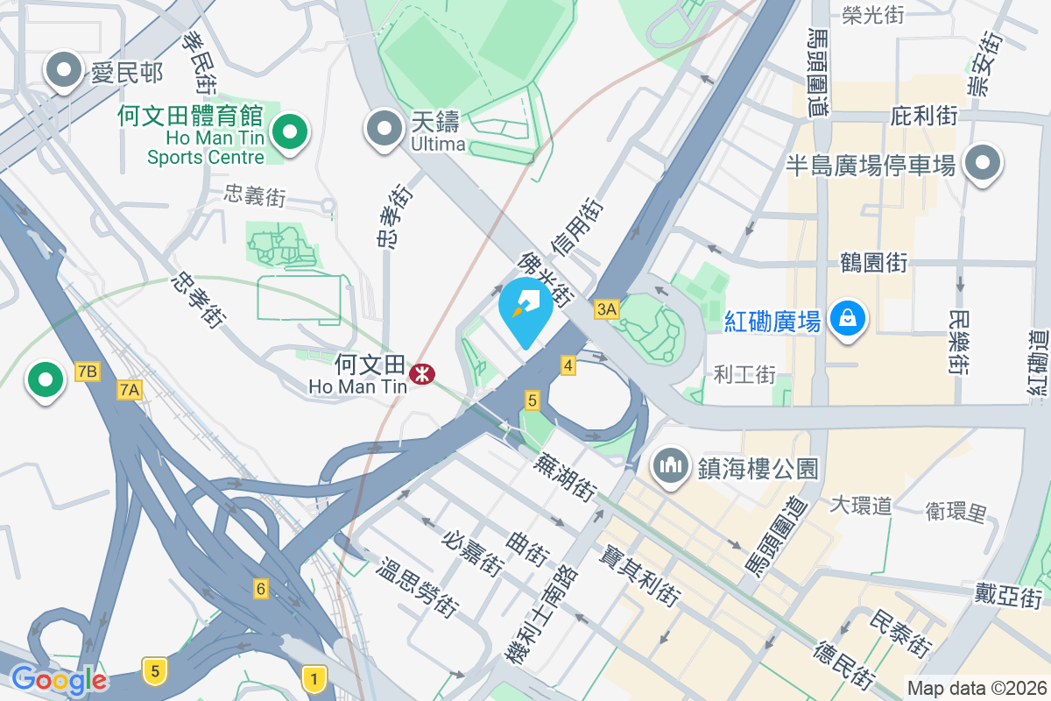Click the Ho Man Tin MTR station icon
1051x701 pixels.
pyautogui.click(x=420, y=374)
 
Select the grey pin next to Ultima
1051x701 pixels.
pyautogui.click(x=384, y=129)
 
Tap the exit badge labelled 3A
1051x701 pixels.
pyautogui.click(x=606, y=308)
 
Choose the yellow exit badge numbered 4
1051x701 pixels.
pyautogui.click(x=568, y=365)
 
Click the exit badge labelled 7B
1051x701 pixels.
pyautogui.click(x=86, y=372)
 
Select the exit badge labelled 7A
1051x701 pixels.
pyautogui.click(x=130, y=390)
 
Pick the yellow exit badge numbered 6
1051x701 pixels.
pyautogui.click(x=260, y=589)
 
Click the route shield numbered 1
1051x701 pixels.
pyautogui.click(x=314, y=676)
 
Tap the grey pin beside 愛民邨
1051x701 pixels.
pyautogui.click(x=64, y=72)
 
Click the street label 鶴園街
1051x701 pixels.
pyautogui.click(x=873, y=262)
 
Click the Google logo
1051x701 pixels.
pyautogui.click(x=59, y=679)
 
